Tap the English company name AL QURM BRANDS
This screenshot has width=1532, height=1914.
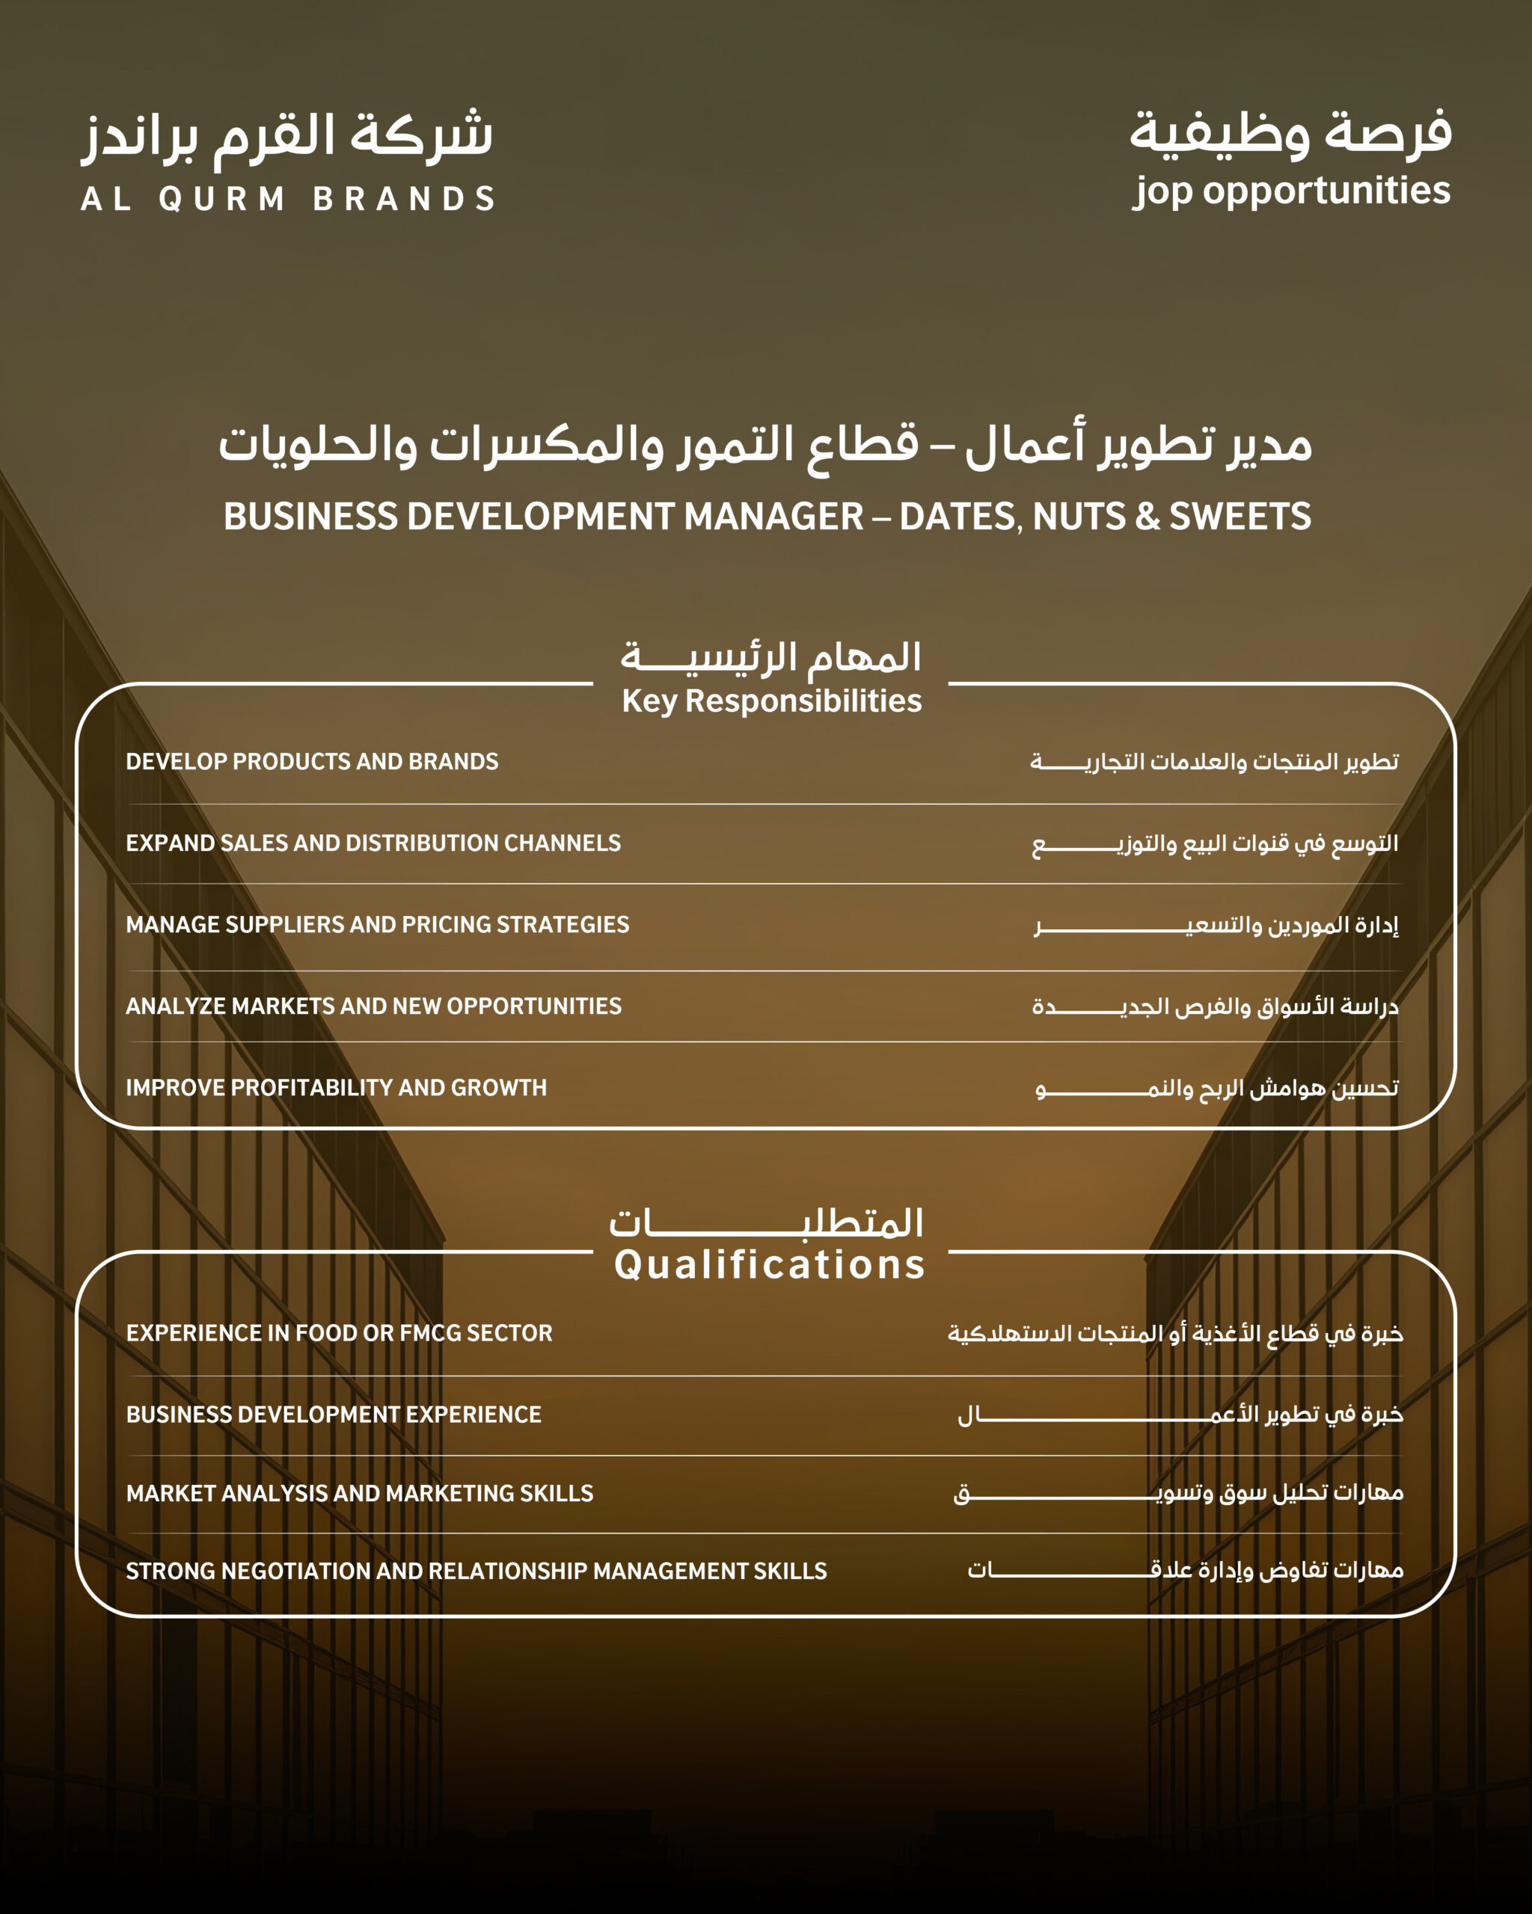[x=288, y=199]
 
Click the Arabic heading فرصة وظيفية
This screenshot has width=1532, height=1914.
[x=1290, y=133]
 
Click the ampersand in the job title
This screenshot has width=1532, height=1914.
[x=1148, y=517]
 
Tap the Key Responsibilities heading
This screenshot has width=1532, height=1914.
[x=771, y=701]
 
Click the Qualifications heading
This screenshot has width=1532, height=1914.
[x=769, y=1264]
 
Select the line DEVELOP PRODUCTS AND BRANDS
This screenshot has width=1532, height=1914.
[x=312, y=762]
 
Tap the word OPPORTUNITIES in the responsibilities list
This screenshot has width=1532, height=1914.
[x=534, y=1006]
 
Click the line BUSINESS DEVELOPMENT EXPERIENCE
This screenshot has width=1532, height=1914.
[x=333, y=1415]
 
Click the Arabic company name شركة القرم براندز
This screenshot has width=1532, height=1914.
[x=288, y=138]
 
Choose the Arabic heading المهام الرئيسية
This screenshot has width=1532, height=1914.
[x=771, y=658]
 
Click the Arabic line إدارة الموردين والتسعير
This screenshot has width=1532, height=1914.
[x=1217, y=926]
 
